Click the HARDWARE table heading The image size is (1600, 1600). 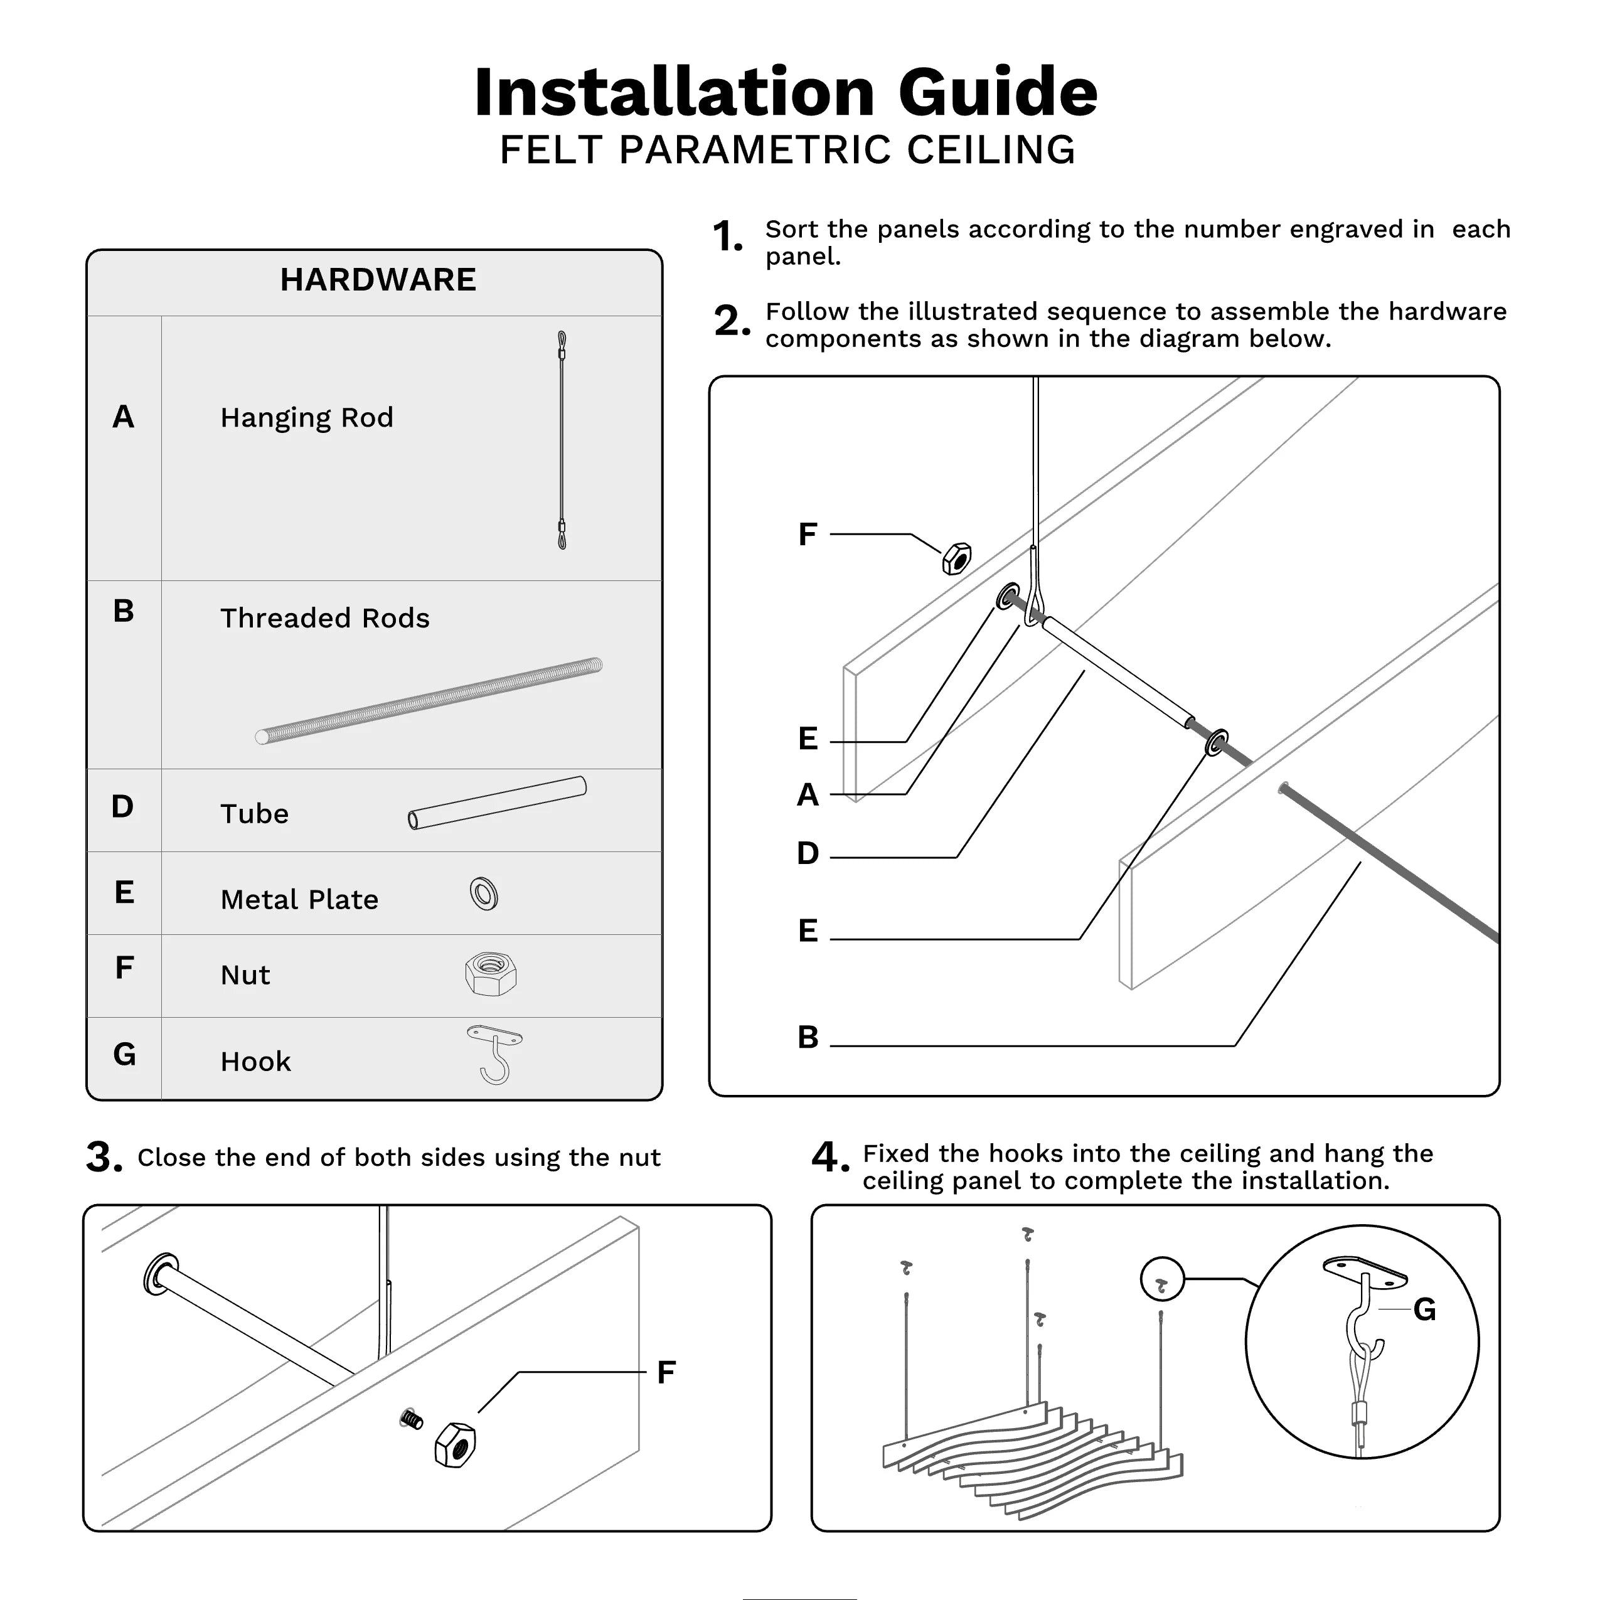tap(378, 280)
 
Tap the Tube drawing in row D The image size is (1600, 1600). tap(497, 803)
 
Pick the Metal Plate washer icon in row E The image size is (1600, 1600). tap(484, 893)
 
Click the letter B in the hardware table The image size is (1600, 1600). tap(124, 611)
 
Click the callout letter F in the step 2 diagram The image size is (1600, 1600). tap(808, 534)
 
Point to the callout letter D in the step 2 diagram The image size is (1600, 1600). tap(808, 853)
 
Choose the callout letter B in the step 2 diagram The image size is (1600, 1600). tap(808, 1037)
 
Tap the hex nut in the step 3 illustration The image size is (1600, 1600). tap(455, 1445)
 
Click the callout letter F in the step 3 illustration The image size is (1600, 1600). tap(666, 1372)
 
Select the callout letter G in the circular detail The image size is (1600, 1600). tap(1424, 1309)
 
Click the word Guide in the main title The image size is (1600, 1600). tap(998, 92)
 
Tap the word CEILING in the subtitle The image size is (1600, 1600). tap(991, 150)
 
